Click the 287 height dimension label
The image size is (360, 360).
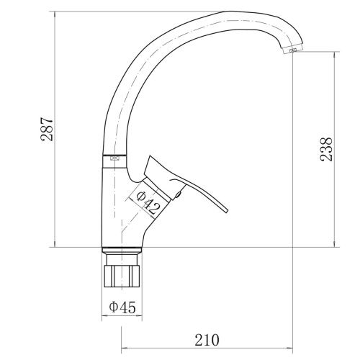(47, 129)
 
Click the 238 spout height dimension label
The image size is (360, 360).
(326, 149)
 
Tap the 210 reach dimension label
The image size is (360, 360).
(207, 340)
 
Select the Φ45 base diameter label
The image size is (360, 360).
(122, 307)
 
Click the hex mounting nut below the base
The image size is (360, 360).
(122, 276)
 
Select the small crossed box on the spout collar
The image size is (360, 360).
(114, 158)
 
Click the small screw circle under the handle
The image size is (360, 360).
(178, 194)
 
